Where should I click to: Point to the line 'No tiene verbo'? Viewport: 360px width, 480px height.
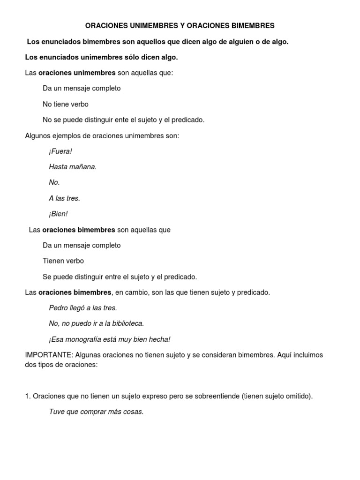click(65, 104)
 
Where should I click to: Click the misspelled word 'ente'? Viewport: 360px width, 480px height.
click(118, 120)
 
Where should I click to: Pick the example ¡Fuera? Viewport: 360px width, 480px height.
click(60, 151)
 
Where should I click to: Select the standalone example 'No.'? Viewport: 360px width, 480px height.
click(54, 182)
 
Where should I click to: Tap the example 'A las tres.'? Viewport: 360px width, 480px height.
click(64, 198)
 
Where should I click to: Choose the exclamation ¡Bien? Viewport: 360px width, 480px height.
click(58, 214)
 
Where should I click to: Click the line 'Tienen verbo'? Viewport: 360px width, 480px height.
click(63, 261)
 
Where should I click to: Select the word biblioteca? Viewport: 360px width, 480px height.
click(127, 323)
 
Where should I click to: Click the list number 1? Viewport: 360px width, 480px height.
click(27, 396)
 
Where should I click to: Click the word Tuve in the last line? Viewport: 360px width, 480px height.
click(57, 412)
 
